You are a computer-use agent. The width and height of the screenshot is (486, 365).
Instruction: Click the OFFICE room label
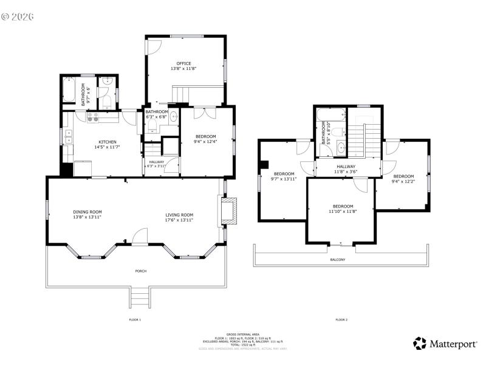click(183, 63)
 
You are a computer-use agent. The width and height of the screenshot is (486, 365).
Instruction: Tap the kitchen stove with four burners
click(93, 116)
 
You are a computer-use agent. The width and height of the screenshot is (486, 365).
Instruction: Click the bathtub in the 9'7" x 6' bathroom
click(69, 92)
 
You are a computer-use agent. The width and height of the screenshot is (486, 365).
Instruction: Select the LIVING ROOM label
click(179, 215)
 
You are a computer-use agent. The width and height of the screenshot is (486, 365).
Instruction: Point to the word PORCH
click(140, 271)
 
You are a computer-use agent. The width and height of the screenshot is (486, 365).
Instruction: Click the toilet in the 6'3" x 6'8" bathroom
click(152, 126)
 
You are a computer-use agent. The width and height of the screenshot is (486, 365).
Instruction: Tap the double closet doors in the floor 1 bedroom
click(205, 113)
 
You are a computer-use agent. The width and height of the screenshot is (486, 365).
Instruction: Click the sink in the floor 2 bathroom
click(340, 147)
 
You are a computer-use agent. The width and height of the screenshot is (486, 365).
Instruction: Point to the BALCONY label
click(337, 260)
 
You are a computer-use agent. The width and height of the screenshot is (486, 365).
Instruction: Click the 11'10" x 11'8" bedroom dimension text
click(343, 212)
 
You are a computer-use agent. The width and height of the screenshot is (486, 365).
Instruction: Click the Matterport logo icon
click(420, 344)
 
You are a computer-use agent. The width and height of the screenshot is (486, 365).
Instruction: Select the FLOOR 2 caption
click(341, 319)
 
